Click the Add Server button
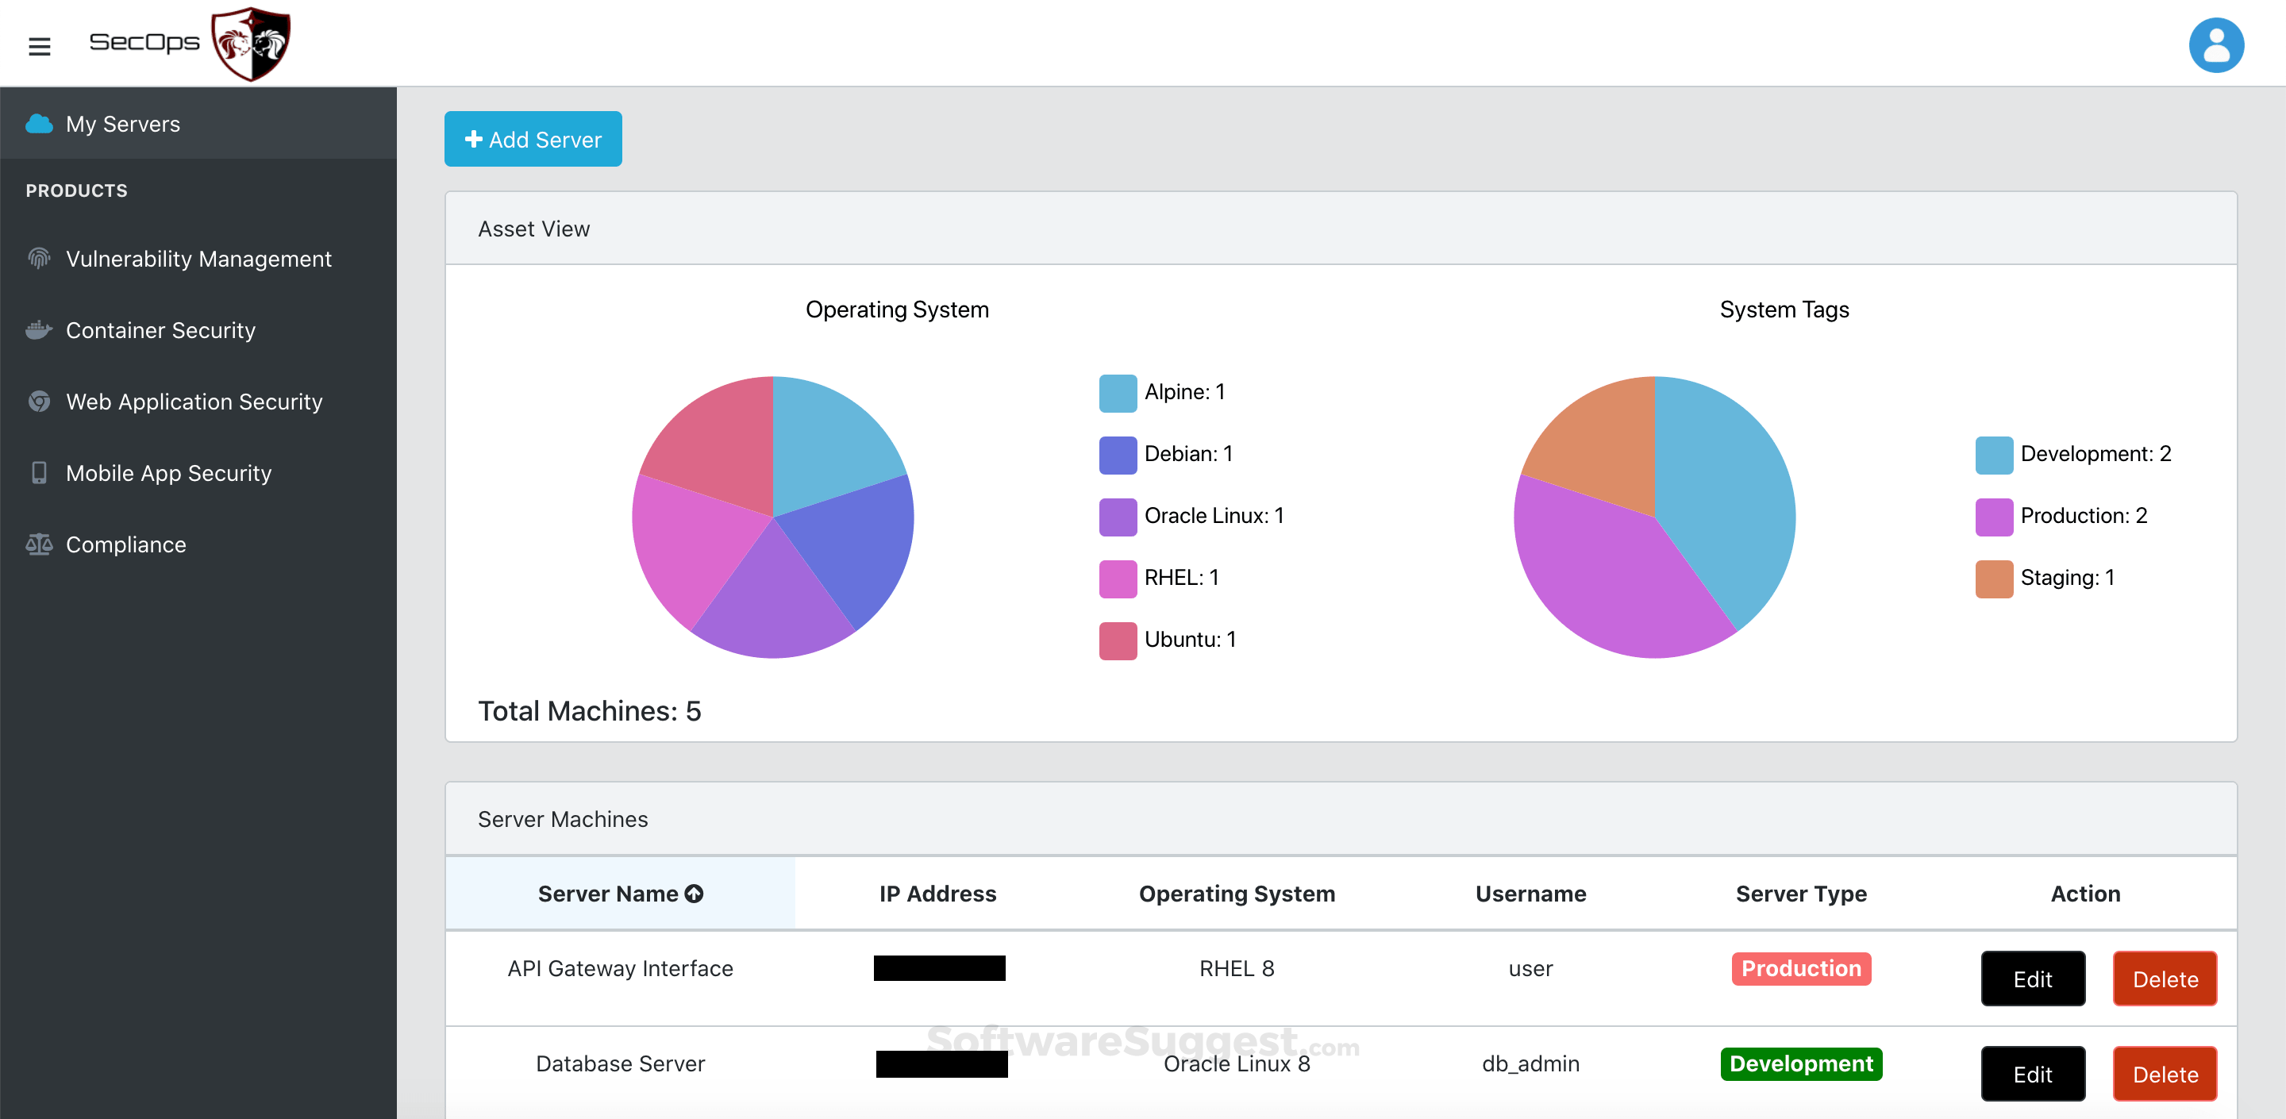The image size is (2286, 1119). click(x=533, y=140)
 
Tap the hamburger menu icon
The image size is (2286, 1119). click(x=39, y=46)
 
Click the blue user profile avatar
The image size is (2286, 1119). click(x=2216, y=45)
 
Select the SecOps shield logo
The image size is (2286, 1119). click(x=251, y=44)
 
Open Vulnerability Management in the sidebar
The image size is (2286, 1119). click(x=198, y=260)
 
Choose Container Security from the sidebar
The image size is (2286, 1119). click(x=160, y=330)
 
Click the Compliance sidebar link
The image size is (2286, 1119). click(x=125, y=545)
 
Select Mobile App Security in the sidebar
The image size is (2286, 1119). click(x=167, y=473)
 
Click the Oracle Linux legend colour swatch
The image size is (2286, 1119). click(x=1118, y=517)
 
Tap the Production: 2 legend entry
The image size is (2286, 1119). click(x=2083, y=517)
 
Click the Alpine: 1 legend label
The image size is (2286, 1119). click(x=1183, y=392)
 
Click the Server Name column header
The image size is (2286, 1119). click(x=619, y=894)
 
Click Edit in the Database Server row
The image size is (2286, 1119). click(x=2032, y=1075)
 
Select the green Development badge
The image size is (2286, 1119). click(x=1800, y=1064)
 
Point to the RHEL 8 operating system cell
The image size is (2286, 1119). click(x=1236, y=969)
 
